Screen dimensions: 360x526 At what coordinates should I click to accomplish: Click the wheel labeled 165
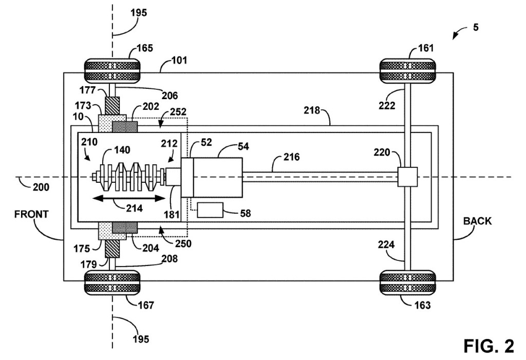tap(112, 71)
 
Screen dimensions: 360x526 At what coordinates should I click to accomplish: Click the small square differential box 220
tap(407, 177)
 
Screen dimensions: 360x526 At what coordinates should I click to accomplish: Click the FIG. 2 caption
tap(489, 345)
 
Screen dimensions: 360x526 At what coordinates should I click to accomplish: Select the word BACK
tap(477, 221)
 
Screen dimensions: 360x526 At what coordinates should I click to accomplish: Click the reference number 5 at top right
tap(476, 27)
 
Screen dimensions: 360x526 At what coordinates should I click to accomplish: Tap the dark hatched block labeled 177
tap(112, 106)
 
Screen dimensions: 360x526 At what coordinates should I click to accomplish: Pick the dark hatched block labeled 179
tap(112, 249)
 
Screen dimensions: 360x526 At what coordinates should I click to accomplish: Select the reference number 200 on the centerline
tap(40, 187)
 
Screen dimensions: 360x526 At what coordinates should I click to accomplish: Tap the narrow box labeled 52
tap(187, 178)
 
